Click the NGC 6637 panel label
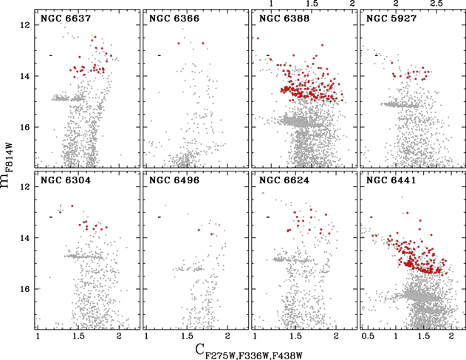pos(62,18)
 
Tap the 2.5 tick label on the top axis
pos(436,4)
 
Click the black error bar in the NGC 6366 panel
pos(159,55)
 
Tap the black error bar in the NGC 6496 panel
pos(159,217)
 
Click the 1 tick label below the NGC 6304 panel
pos(38,336)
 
